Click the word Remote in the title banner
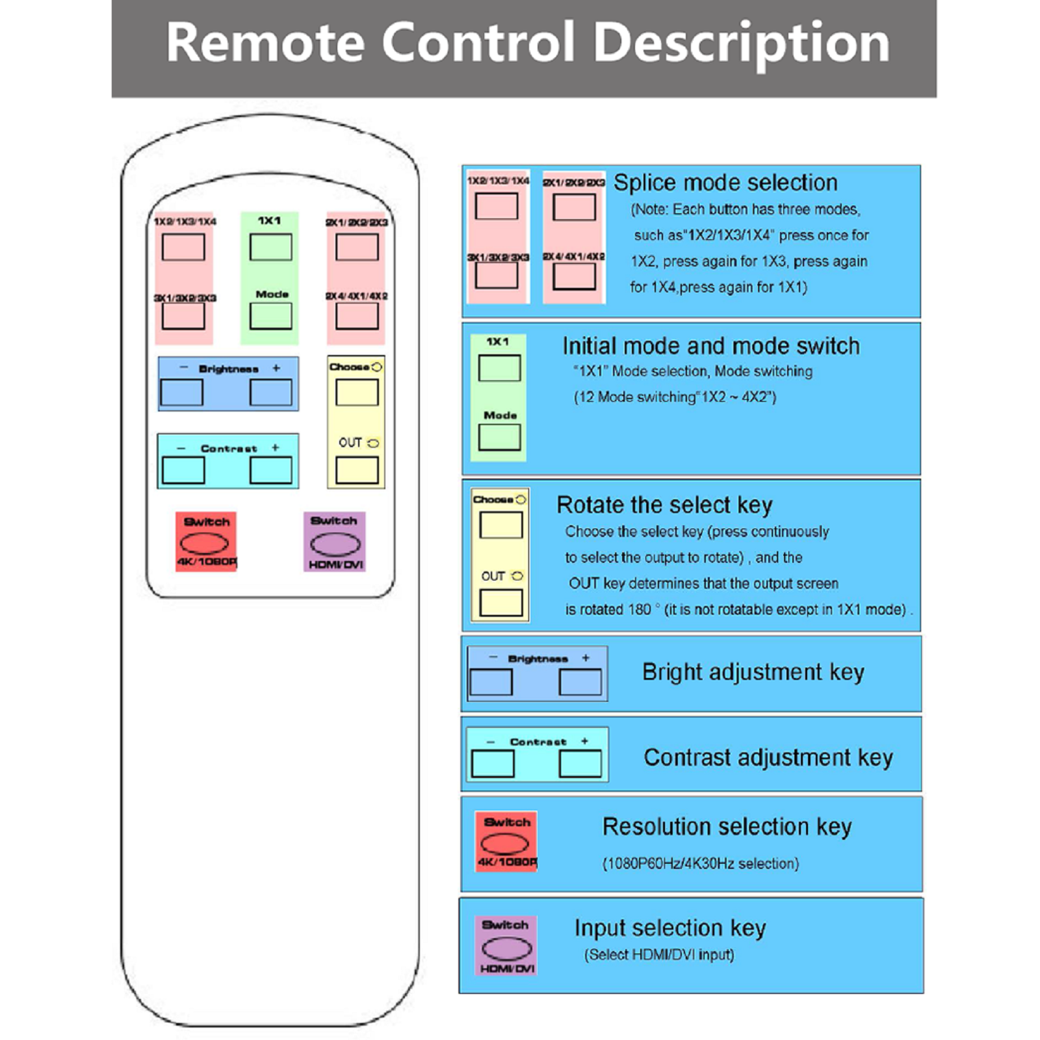(x=265, y=43)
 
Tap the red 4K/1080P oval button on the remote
(x=204, y=543)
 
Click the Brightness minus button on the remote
(x=181, y=393)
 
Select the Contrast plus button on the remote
(x=270, y=470)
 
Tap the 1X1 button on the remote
(x=270, y=248)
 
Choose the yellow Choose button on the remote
(x=357, y=393)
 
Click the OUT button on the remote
(x=357, y=470)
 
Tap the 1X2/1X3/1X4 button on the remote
(x=183, y=248)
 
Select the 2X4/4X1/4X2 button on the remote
(x=357, y=317)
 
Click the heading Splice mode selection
(x=725, y=183)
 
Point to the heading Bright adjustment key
(x=753, y=672)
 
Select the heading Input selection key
(x=669, y=928)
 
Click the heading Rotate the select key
(x=664, y=505)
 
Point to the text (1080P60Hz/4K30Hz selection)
(x=700, y=864)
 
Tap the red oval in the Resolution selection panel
(x=504, y=844)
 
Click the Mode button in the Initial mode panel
(x=499, y=437)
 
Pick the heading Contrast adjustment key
(x=768, y=758)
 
